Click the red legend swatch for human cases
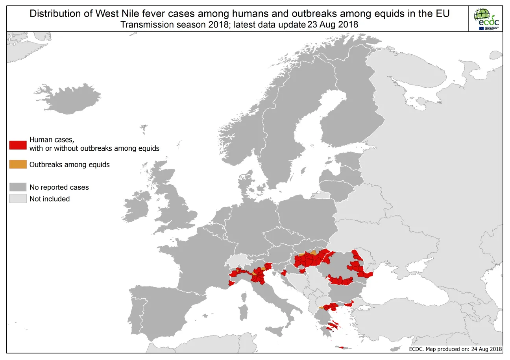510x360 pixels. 18,144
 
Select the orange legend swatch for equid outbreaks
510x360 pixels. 18,164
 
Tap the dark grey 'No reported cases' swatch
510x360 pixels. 18,187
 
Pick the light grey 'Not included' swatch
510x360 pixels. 18,199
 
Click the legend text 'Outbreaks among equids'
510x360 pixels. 69,165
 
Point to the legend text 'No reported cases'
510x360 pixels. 59,187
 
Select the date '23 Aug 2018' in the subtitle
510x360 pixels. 333,24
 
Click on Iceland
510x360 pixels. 71,98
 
